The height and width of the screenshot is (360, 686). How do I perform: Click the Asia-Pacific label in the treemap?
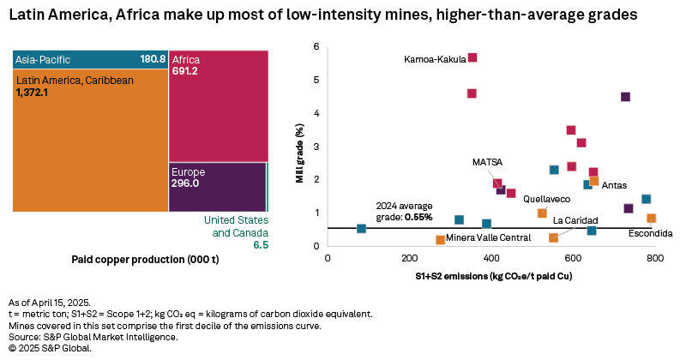tap(43, 59)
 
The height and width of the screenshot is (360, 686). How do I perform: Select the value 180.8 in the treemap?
tap(153, 59)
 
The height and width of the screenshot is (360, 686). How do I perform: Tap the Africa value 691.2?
tap(186, 73)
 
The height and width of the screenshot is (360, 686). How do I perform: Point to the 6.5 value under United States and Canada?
tap(261, 244)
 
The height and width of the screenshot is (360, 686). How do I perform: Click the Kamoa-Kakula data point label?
tap(435, 59)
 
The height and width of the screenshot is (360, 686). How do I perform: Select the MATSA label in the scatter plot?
tap(487, 161)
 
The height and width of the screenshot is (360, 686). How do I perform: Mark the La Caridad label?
tap(575, 220)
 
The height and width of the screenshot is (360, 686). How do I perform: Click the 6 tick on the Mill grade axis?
tap(316, 47)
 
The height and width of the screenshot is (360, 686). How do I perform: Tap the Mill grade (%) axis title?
tap(300, 146)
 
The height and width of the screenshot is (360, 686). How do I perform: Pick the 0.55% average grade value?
tap(418, 218)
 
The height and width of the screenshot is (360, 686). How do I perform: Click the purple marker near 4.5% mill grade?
tap(625, 97)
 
